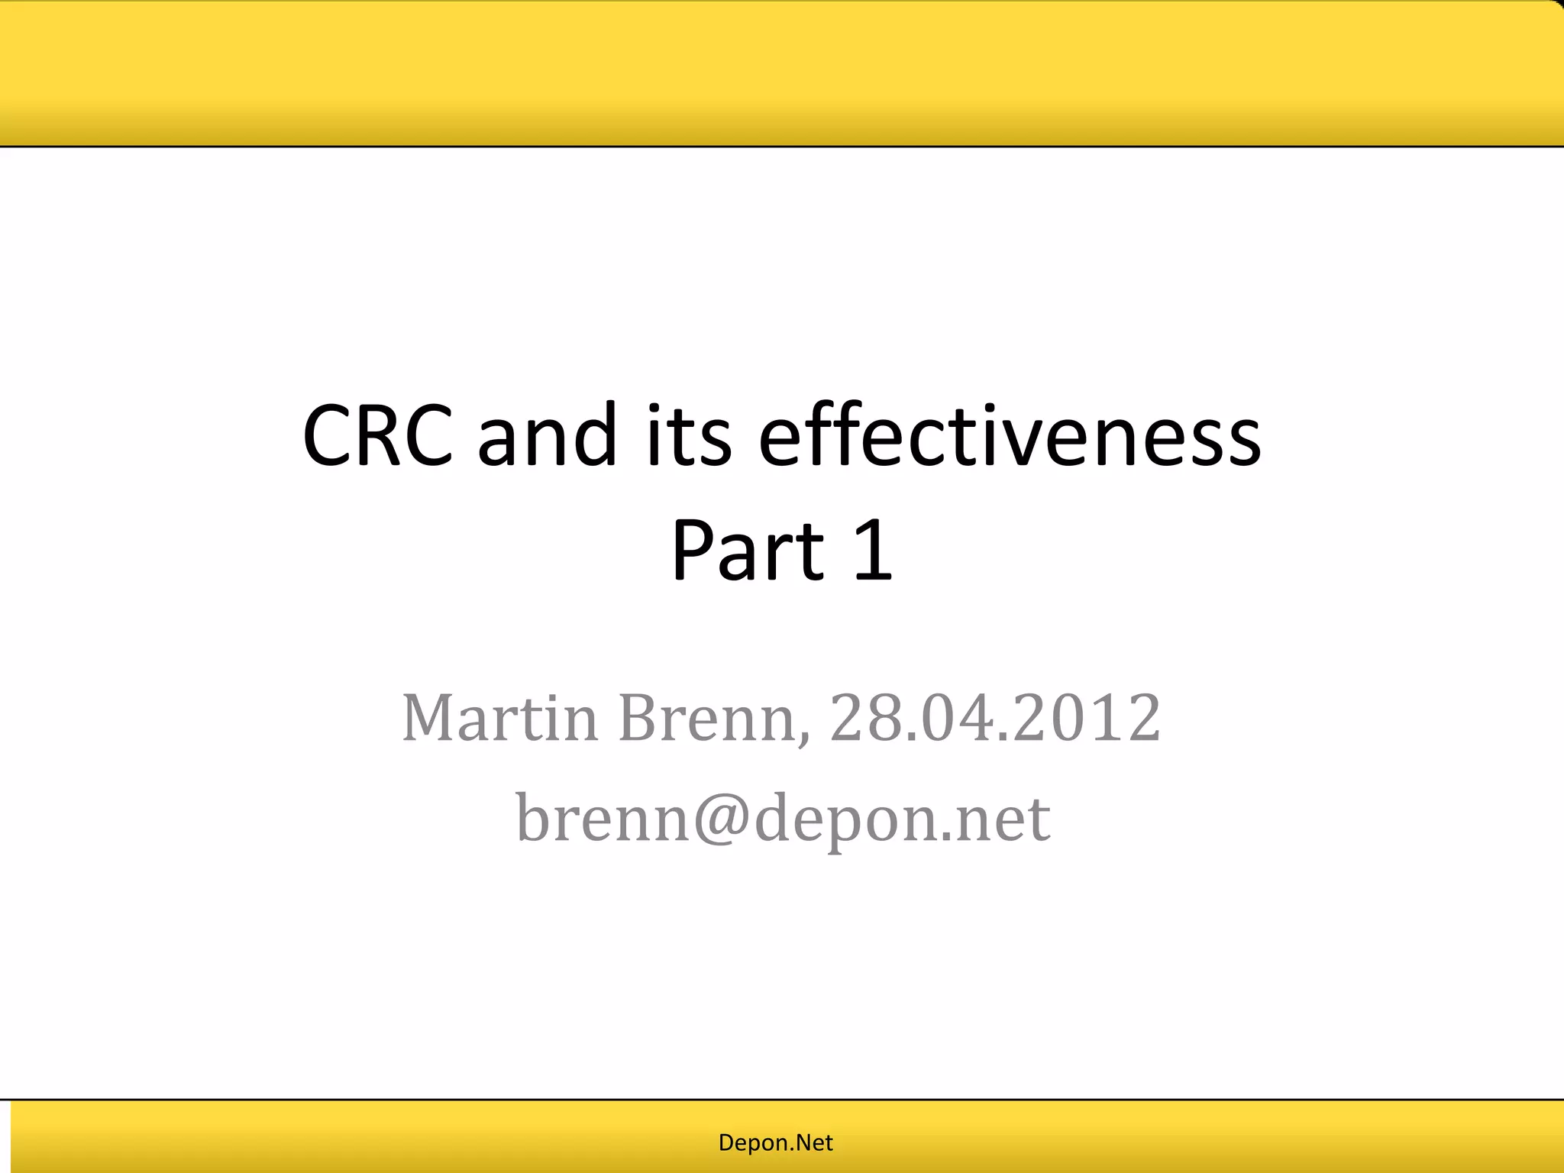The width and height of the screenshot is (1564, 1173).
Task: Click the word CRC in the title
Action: [x=378, y=436]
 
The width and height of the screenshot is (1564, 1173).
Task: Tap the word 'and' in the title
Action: [x=547, y=436]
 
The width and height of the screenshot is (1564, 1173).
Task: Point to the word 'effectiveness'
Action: [x=1010, y=436]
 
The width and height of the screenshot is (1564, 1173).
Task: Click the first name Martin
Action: [x=499, y=718]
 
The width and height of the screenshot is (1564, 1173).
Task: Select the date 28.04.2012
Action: [x=995, y=718]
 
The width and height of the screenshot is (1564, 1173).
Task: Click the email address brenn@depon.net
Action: [x=783, y=818]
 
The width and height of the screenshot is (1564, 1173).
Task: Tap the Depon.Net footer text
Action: [x=775, y=1142]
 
